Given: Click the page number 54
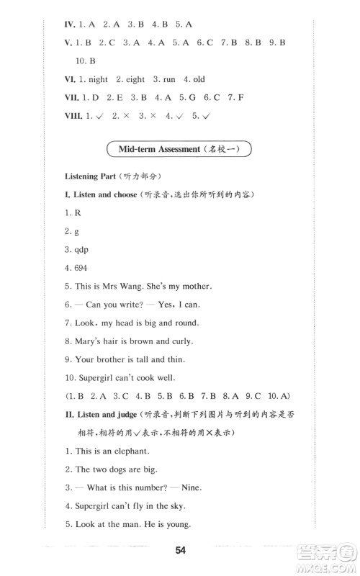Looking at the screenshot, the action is (180, 551).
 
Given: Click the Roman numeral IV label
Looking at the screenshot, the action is (71, 24).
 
